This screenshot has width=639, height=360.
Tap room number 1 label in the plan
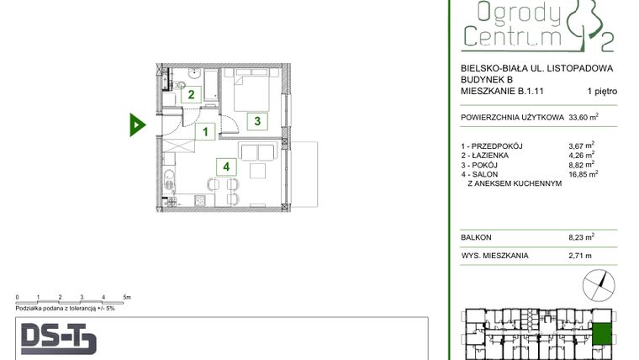click(x=203, y=131)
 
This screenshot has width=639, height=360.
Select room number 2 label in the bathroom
click(x=191, y=95)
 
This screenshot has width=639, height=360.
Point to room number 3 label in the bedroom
click(x=258, y=121)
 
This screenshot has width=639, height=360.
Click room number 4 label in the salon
click(x=227, y=167)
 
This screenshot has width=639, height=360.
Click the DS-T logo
click(x=58, y=339)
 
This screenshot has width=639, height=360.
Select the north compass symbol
click(x=599, y=283)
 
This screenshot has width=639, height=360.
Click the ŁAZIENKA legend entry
click(x=490, y=156)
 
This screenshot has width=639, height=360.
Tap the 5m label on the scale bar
click(x=125, y=298)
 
